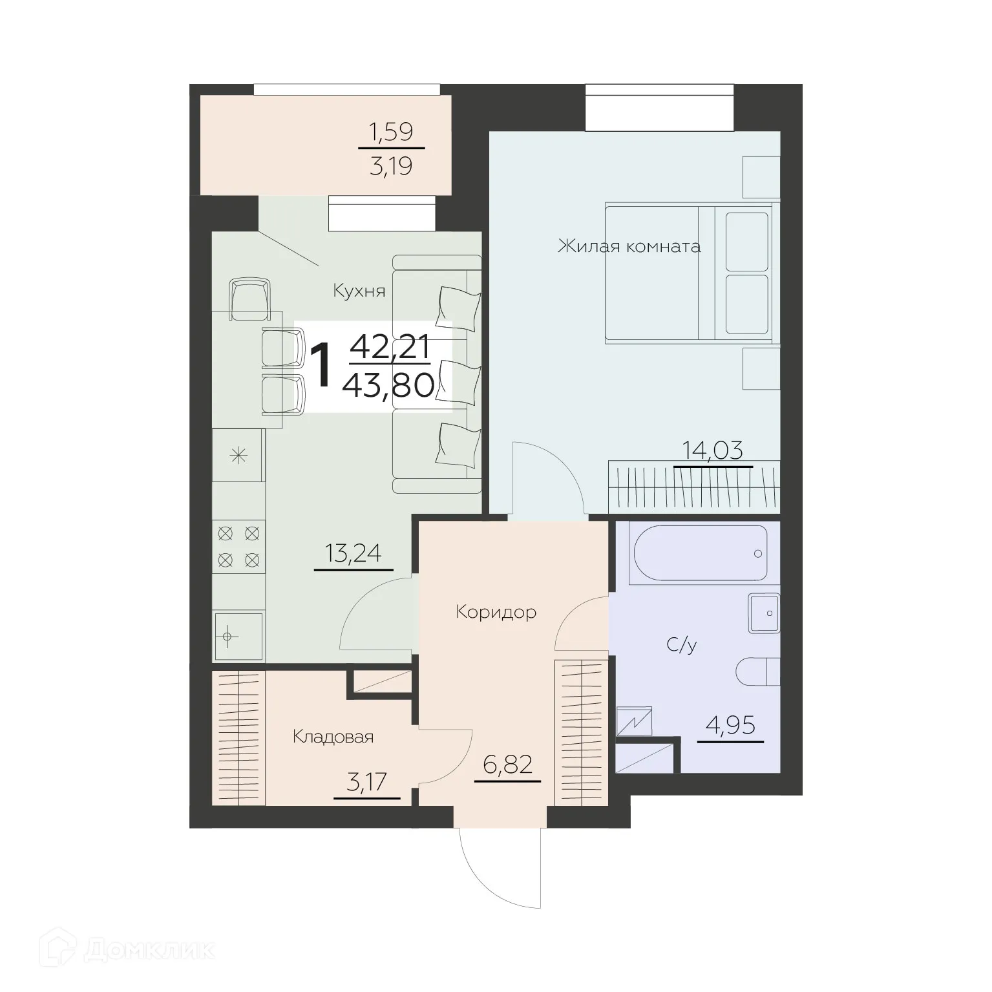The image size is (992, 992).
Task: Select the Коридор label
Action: tap(496, 611)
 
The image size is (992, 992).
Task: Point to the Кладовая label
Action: tap(333, 737)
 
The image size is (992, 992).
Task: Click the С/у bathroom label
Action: tap(682, 644)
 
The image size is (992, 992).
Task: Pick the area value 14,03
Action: tap(713, 450)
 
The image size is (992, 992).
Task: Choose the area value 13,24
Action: tap(354, 553)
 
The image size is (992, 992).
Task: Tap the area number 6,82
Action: tap(507, 765)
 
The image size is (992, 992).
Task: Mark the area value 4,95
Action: tap(730, 726)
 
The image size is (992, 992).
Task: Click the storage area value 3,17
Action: tap(366, 783)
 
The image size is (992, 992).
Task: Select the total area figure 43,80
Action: tap(388, 386)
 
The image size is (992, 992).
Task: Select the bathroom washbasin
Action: tap(764, 613)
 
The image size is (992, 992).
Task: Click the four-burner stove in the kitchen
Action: tap(238, 546)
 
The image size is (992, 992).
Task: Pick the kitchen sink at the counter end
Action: tap(238, 637)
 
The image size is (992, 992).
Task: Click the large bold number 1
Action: tap(321, 366)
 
